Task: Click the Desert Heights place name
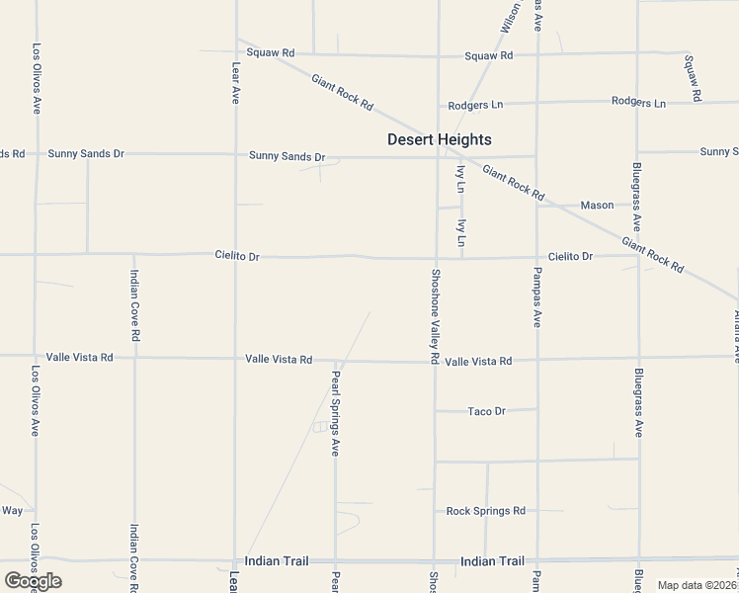click(439, 140)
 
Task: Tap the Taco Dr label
click(486, 411)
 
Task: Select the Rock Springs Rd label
click(486, 511)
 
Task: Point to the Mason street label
click(597, 206)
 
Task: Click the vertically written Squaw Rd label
click(693, 78)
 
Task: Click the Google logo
click(33, 581)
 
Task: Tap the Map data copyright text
click(697, 585)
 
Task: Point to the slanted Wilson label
click(509, 17)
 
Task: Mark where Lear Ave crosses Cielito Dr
click(235, 256)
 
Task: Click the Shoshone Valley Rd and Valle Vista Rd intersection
click(436, 361)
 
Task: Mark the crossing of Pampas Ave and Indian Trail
click(538, 559)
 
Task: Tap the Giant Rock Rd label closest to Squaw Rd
click(342, 92)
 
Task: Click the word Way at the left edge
click(12, 511)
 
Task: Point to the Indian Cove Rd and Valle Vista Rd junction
click(134, 357)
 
